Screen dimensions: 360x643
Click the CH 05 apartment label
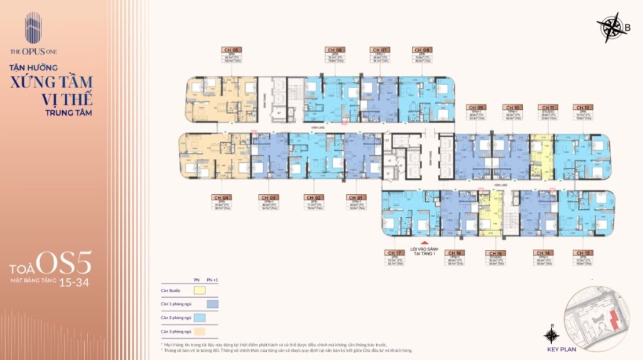click(x=232, y=49)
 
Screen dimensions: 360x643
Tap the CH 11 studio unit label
click(x=548, y=107)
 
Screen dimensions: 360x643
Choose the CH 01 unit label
click(x=355, y=197)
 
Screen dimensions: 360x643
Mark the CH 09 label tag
click(x=477, y=107)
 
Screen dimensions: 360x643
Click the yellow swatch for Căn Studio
click(x=199, y=291)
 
